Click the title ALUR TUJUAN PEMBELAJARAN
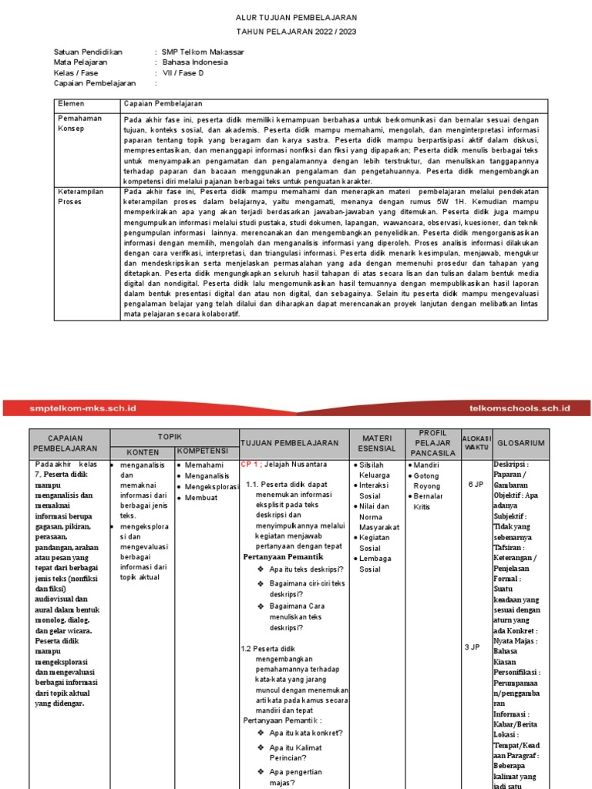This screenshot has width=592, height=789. pyautogui.click(x=296, y=17)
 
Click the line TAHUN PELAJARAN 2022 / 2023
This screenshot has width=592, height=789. pyautogui.click(x=296, y=32)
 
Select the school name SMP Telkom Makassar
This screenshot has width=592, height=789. pyautogui.click(x=202, y=52)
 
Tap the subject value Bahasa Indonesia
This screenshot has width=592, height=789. pyautogui.click(x=195, y=62)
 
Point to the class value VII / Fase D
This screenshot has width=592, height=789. pyautogui.click(x=183, y=72)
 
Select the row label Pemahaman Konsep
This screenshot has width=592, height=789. pyautogui.click(x=76, y=123)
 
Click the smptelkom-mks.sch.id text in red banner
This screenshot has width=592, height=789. pyautogui.click(x=82, y=408)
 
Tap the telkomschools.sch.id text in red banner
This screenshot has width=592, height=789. pyautogui.click(x=519, y=408)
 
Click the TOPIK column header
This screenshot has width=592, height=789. pyautogui.click(x=170, y=435)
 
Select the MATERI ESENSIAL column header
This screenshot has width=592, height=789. pyautogui.click(x=378, y=443)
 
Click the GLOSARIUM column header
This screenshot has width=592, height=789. pyautogui.click(x=520, y=443)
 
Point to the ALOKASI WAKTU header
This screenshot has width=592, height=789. pyautogui.click(x=476, y=443)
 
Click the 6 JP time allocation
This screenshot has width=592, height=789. pyautogui.click(x=475, y=484)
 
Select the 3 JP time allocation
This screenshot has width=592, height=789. pyautogui.click(x=473, y=647)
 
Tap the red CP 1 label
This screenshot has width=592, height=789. pyautogui.click(x=250, y=465)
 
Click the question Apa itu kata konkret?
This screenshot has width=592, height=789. pyautogui.click(x=305, y=732)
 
